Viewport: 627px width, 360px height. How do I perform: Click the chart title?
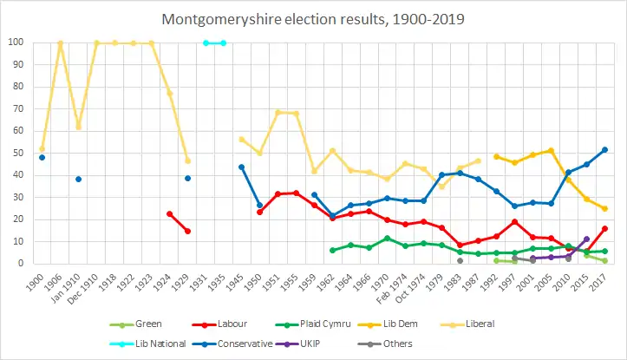pos(313,18)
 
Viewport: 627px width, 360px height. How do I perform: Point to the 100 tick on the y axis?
pos(16,43)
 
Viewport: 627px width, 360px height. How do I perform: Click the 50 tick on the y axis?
pos(18,154)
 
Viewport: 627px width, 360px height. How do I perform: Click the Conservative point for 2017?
pos(604,149)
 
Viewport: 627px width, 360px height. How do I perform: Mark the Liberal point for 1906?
pos(60,43)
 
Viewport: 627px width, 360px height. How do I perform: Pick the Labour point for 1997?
pos(514,221)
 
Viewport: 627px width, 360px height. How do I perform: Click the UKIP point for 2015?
pos(586,239)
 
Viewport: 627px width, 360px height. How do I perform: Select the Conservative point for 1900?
pos(42,157)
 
